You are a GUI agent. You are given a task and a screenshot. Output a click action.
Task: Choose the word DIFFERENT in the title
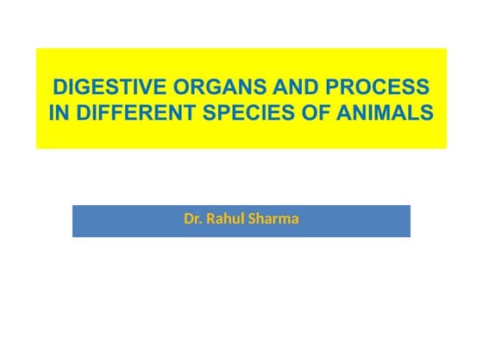[129, 114]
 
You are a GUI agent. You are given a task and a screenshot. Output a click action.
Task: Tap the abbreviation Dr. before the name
[192, 219]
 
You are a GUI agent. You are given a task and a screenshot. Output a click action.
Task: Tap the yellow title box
[241, 138]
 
